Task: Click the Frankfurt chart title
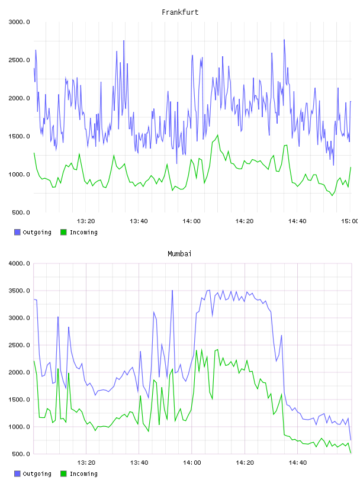click(180, 12)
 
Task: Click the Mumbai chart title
click(179, 254)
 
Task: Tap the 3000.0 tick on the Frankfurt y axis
click(19, 22)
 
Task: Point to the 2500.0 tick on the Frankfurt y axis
click(19, 60)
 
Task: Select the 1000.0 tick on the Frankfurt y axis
click(19, 175)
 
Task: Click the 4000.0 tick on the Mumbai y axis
click(19, 263)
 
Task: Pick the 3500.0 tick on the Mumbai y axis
click(19, 291)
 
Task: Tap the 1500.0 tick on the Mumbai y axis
click(19, 400)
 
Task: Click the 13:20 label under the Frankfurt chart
click(86, 221)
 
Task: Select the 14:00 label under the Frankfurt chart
click(191, 221)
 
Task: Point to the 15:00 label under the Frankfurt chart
click(349, 221)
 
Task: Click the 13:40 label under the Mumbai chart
click(139, 462)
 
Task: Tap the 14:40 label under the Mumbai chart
click(297, 462)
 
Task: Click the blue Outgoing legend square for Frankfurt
click(17, 232)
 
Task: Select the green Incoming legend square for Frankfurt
click(63, 232)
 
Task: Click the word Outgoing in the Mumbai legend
click(37, 474)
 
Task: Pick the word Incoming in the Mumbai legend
click(83, 474)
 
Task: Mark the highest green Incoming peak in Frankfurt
click(218, 135)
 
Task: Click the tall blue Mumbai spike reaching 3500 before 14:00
click(172, 291)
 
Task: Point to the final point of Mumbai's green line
click(351, 453)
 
